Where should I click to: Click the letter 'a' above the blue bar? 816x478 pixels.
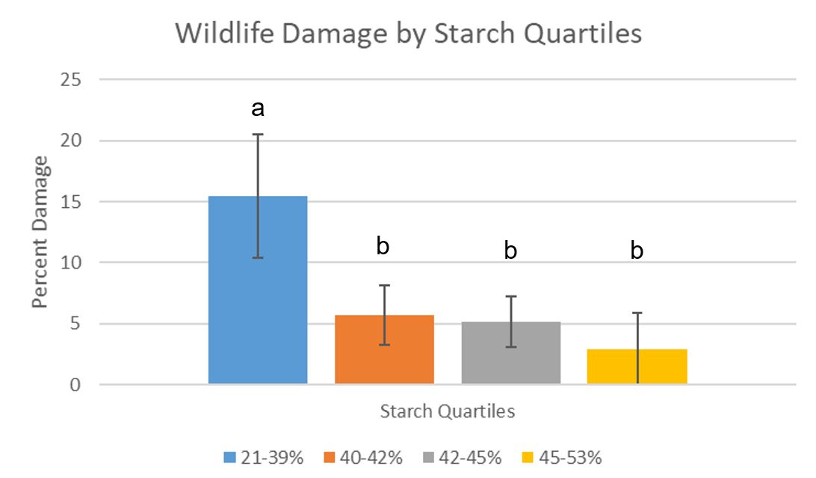(x=258, y=110)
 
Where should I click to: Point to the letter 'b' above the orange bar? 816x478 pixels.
(x=383, y=246)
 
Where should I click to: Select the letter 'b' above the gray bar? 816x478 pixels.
(x=510, y=250)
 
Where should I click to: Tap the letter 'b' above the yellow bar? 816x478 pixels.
(x=637, y=250)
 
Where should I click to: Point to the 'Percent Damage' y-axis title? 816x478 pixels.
(x=40, y=232)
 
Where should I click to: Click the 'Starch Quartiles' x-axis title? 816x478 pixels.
(x=448, y=411)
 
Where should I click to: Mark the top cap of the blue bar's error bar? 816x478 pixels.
(x=258, y=134)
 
